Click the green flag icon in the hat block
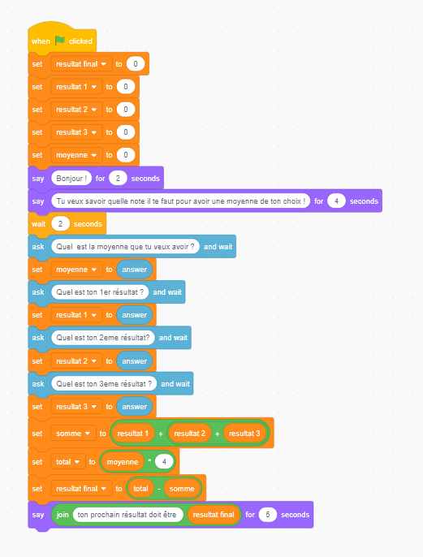59,41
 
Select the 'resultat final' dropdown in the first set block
81,64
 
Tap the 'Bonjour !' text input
71,179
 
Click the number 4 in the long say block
336,201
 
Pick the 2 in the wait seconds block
60,224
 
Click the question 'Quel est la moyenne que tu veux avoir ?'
125,247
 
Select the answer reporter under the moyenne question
134,270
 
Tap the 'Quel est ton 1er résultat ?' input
100,292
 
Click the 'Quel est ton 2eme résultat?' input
103,338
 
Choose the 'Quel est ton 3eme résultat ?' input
104,383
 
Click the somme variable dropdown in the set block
73,434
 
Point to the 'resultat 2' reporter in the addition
190,434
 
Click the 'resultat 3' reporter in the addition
244,434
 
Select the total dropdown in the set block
68,462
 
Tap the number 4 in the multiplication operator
164,462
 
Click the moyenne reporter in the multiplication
123,462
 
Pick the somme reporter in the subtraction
182,489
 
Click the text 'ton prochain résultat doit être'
127,515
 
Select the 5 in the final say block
267,515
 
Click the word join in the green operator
63,515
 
